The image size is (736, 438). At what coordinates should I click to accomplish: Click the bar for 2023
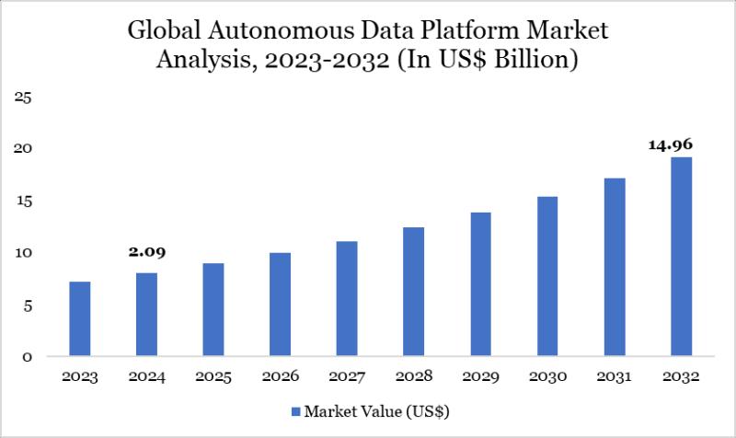(x=80, y=319)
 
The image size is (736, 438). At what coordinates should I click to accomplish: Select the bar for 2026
(x=280, y=305)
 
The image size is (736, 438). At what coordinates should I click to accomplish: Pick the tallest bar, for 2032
(x=681, y=257)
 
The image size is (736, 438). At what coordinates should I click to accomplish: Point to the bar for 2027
(x=347, y=299)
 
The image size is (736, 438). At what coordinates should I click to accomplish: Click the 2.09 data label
(x=146, y=251)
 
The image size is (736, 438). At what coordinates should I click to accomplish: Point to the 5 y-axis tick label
(x=28, y=305)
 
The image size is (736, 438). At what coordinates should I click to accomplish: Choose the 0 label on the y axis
(x=28, y=357)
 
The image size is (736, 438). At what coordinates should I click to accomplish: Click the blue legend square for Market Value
(x=296, y=410)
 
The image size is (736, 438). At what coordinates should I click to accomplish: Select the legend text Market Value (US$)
(x=377, y=410)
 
